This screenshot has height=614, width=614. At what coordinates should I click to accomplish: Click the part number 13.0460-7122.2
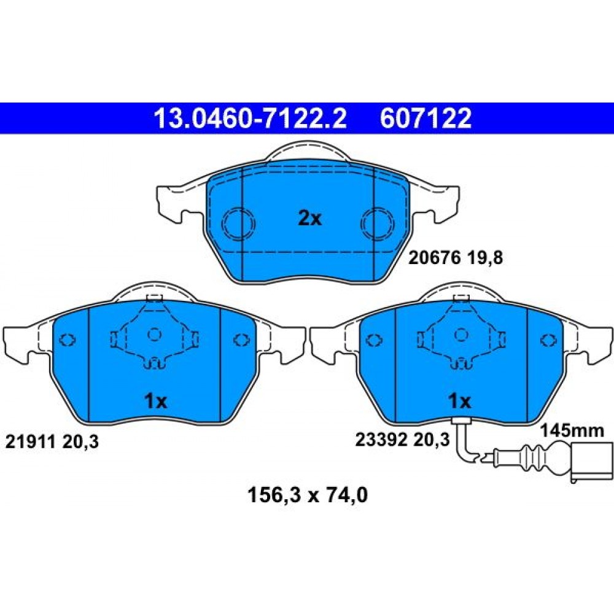tap(251, 119)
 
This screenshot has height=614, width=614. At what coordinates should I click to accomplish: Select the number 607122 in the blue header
tap(426, 119)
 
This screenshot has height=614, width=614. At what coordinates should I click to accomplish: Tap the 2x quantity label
tap(309, 218)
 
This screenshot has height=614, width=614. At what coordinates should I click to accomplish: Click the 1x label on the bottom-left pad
tap(156, 401)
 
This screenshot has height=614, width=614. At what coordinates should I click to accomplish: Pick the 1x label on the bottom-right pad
tap(460, 401)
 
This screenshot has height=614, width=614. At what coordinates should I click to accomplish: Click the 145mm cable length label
tap(572, 431)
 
